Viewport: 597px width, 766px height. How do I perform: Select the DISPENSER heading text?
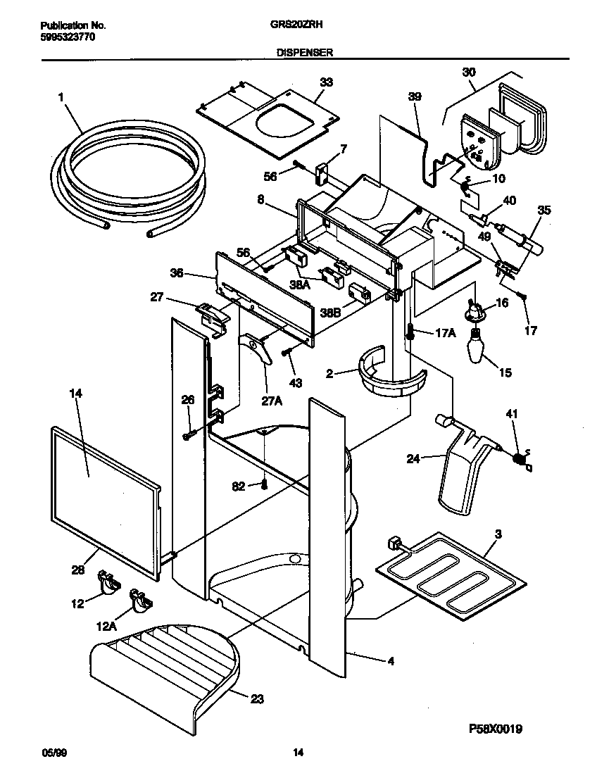pos(306,52)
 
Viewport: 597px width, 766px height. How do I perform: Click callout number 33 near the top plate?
pos(325,82)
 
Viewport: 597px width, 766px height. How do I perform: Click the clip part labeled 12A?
pos(141,600)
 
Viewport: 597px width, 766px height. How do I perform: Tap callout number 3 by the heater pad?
pos(498,535)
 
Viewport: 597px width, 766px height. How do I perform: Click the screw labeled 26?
pos(188,436)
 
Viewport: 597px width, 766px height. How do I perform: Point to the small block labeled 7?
pos(322,171)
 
